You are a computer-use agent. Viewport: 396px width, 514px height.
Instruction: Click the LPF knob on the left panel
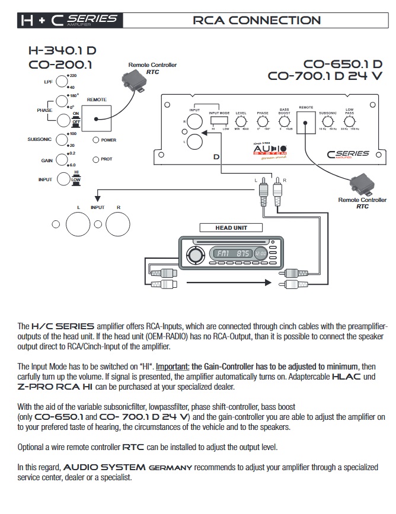point(62,82)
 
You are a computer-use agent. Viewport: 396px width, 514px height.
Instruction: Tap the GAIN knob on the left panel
point(62,160)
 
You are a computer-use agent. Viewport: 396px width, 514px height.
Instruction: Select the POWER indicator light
point(95,140)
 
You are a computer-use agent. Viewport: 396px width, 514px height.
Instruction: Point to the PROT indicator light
point(95,159)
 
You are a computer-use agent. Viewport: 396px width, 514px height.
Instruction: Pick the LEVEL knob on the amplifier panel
point(241,121)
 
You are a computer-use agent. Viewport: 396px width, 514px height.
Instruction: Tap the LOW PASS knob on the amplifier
point(350,121)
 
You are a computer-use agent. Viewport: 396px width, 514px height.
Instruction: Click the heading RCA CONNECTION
point(257,20)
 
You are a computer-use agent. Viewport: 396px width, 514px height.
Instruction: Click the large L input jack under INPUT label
point(77,224)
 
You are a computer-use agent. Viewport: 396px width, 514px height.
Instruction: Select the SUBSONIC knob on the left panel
point(62,140)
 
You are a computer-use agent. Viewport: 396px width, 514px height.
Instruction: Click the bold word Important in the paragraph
point(173,367)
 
